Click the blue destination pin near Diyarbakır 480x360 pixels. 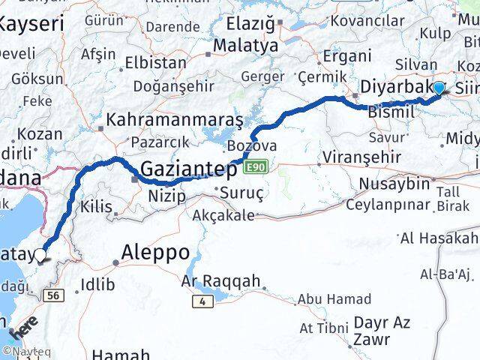[x=439, y=88]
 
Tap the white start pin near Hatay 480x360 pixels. [x=40, y=255]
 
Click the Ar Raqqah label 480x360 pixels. [x=221, y=282]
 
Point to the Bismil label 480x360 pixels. [x=390, y=111]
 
